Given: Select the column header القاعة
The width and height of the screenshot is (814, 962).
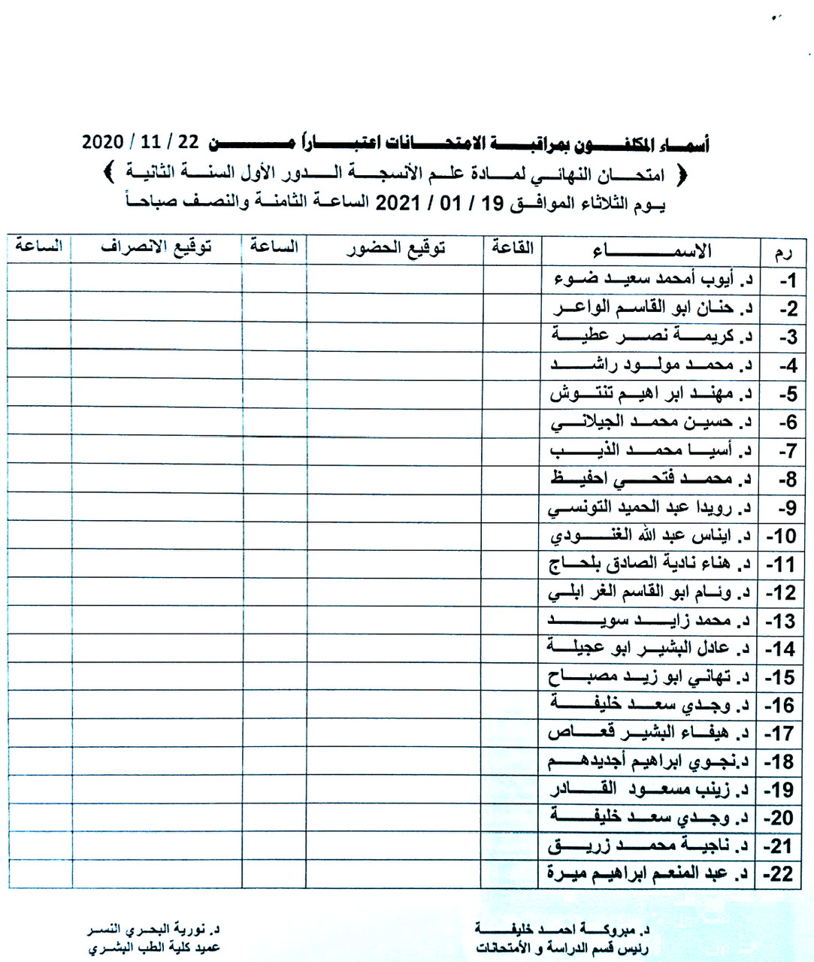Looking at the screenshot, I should tap(512, 247).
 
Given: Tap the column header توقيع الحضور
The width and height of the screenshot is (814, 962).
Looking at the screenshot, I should tap(395, 249).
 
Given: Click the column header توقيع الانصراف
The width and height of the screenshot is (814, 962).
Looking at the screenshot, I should tap(156, 248).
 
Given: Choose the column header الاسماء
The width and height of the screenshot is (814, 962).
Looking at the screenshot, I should tap(651, 250).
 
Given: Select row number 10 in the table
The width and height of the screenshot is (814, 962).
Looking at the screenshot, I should tap(780, 536).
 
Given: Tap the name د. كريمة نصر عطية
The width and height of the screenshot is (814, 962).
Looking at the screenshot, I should tap(652, 336).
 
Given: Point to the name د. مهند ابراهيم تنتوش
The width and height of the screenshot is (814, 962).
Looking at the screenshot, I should tap(651, 393).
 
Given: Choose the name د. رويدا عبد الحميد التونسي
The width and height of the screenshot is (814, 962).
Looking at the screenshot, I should tap(649, 507).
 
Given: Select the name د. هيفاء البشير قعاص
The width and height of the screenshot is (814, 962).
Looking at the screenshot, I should tap(649, 733).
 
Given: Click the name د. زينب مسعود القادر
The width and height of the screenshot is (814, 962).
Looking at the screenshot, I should tap(649, 789).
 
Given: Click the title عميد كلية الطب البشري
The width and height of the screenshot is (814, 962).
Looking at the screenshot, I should tap(153, 948).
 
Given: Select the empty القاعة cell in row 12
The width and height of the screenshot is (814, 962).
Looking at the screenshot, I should tap(511, 592).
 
